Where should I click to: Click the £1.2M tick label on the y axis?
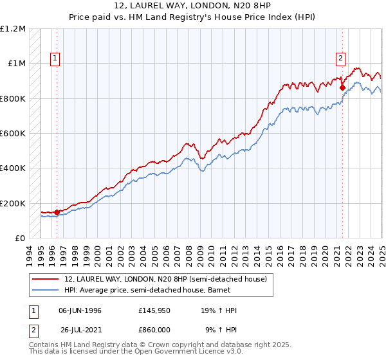[x=13, y=29]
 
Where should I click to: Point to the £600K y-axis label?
[x=13, y=134]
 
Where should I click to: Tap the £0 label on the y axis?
[x=20, y=239]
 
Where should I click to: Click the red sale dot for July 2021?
[x=343, y=87]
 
